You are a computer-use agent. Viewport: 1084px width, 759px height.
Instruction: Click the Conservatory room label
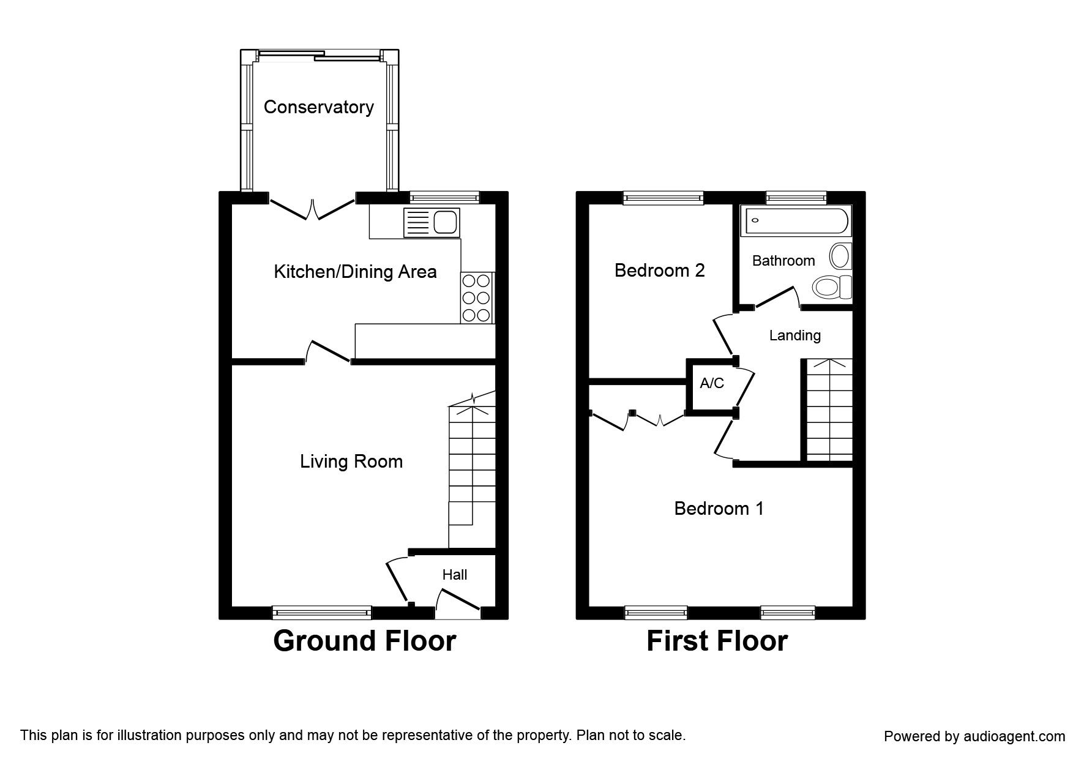click(318, 107)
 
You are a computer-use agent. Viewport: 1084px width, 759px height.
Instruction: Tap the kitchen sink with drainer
click(432, 222)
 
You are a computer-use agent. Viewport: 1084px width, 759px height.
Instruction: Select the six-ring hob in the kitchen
click(477, 297)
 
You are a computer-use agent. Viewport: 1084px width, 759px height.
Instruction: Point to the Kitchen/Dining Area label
click(355, 271)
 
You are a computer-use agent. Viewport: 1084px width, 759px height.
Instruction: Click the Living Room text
click(351, 461)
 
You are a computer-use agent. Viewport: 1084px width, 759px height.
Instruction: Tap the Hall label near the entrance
click(455, 574)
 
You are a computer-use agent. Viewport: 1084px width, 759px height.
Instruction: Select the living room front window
click(322, 612)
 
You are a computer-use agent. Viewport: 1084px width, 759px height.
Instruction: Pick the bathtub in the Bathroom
click(795, 222)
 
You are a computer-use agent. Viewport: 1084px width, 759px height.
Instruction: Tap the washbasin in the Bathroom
click(840, 256)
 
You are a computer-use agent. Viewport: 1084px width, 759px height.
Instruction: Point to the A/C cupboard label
click(712, 383)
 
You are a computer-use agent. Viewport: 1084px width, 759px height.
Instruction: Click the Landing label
click(795, 335)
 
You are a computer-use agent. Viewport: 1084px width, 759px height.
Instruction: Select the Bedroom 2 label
click(660, 270)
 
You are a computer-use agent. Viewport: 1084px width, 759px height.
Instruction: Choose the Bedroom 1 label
click(719, 508)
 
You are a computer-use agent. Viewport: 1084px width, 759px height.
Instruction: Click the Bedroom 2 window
click(663, 197)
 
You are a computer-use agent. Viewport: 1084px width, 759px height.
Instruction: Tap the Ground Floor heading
click(365, 641)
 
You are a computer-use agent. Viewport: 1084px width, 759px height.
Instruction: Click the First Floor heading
click(717, 641)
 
